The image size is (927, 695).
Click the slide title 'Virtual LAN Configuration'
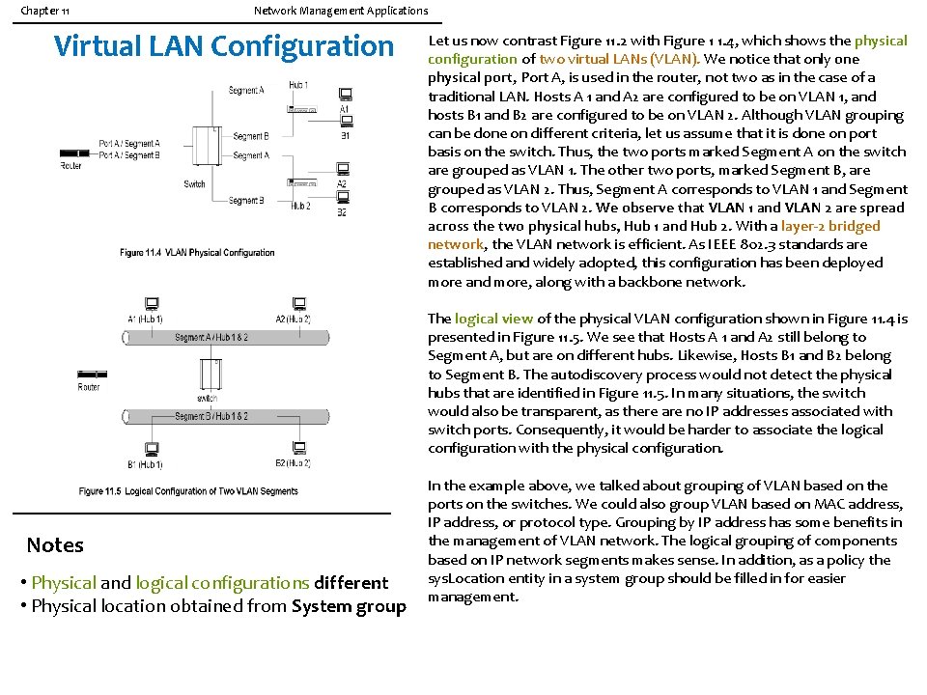click(x=224, y=46)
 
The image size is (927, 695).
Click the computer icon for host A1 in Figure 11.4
click(x=345, y=95)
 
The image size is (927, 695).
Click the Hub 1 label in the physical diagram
click(x=299, y=86)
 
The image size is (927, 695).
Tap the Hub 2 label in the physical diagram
click(x=300, y=206)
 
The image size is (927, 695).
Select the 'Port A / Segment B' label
click(x=128, y=155)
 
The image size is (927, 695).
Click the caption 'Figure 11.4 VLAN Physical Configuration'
click(x=197, y=253)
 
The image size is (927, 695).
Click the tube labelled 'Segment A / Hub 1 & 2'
click(x=211, y=337)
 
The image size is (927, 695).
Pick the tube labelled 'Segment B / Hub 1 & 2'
click(x=211, y=416)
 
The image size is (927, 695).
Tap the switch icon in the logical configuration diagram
click(x=208, y=373)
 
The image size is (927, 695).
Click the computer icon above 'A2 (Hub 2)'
click(x=298, y=304)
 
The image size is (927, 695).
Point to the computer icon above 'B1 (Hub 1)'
click(x=152, y=449)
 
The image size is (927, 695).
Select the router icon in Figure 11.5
click(x=89, y=374)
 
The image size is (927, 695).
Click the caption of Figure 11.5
click(x=188, y=491)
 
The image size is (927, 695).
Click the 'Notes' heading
click(x=55, y=545)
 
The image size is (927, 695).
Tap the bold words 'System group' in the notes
click(x=349, y=606)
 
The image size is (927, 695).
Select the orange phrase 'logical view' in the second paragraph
click(x=493, y=319)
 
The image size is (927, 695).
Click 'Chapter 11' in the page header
click(x=44, y=11)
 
